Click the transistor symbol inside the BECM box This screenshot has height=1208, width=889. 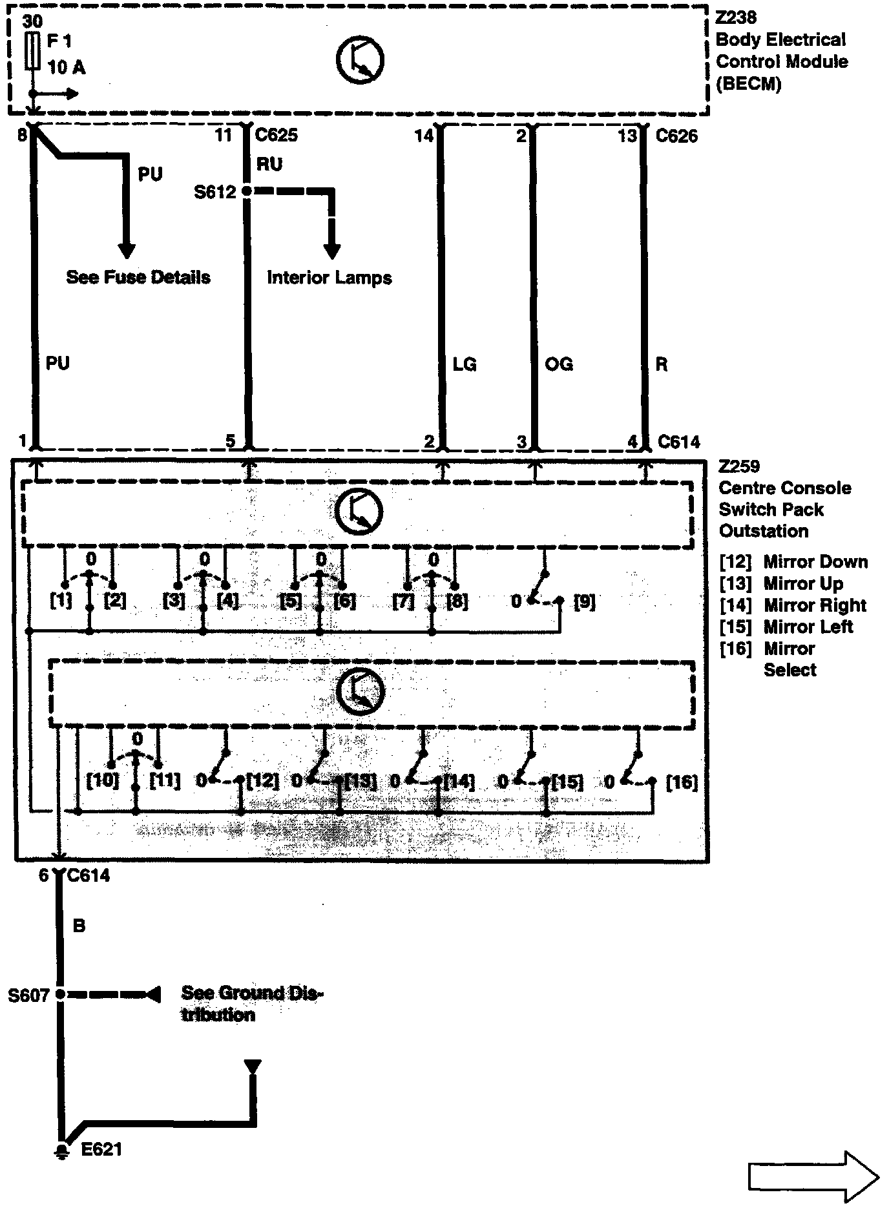(x=360, y=60)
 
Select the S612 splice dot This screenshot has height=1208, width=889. (x=247, y=191)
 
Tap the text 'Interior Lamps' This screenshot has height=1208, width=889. (x=329, y=278)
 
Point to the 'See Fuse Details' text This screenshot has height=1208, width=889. (x=138, y=277)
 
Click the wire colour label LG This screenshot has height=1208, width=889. (x=465, y=364)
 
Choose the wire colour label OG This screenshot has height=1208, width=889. (x=559, y=364)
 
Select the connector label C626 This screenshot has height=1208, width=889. (x=676, y=136)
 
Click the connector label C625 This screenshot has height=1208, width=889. (x=277, y=135)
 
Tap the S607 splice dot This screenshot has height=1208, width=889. (x=59, y=994)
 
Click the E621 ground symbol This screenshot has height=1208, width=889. (x=62, y=1151)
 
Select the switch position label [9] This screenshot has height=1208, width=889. (x=584, y=602)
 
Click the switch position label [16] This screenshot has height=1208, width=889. (x=681, y=782)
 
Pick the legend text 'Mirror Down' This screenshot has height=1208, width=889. (x=815, y=562)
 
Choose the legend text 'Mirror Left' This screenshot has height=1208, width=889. (x=808, y=627)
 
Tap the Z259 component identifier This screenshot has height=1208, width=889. (x=739, y=466)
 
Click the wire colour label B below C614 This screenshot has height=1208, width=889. (x=79, y=926)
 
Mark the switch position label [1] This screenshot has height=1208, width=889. (x=61, y=601)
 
